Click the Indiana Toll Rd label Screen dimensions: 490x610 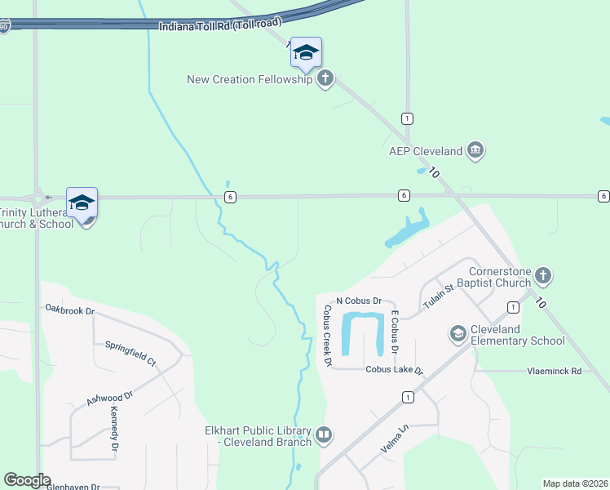pos(219,26)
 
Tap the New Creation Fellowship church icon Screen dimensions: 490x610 pos(325,79)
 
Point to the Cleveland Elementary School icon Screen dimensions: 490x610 pos(457,333)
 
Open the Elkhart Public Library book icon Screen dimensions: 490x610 pos(323,435)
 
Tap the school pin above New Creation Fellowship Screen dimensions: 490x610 pos(306,53)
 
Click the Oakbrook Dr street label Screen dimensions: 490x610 pos(70,310)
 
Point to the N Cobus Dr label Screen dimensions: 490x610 pos(353,301)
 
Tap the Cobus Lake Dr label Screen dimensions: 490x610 pos(396,370)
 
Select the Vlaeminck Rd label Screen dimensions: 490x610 pos(553,371)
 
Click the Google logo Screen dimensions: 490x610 pos(27,480)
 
